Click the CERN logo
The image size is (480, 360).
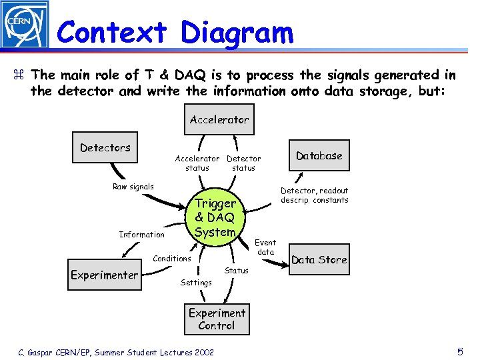(25, 25)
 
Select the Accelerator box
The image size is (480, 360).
(219, 120)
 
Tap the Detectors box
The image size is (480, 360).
(105, 147)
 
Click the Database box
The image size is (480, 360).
(319, 156)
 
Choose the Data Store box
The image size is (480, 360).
(319, 260)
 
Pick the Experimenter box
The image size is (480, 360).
(105, 275)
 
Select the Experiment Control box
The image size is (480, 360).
(217, 319)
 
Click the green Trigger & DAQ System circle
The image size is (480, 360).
(215, 217)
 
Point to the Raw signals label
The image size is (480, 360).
(133, 187)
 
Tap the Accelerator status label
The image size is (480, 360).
(197, 163)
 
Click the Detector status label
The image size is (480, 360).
(243, 163)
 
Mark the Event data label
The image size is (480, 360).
(265, 247)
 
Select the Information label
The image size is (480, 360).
(141, 235)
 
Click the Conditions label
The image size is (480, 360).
(172, 259)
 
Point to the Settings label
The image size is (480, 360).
(196, 283)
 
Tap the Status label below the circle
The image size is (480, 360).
(236, 271)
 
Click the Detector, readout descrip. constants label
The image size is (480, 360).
(314, 195)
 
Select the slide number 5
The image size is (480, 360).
(460, 351)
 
